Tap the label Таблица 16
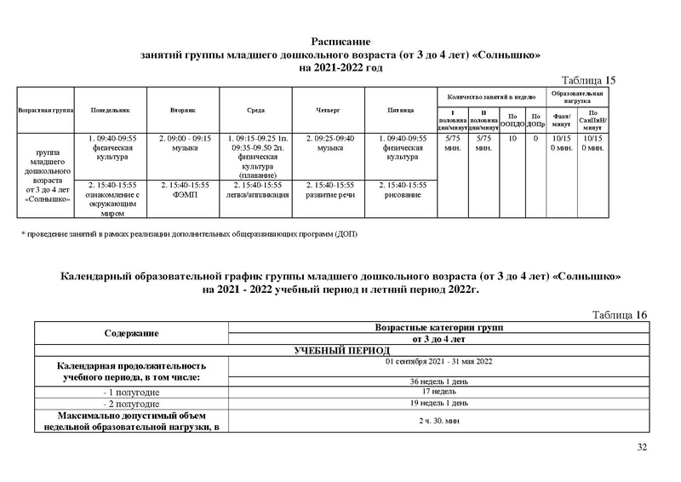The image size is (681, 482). tap(620, 315)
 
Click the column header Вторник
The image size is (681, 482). tap(184, 111)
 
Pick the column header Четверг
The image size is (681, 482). tap(329, 111)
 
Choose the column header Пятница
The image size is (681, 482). tap(400, 111)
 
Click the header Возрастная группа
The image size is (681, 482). tap(43, 111)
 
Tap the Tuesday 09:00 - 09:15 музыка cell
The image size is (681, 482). tap(184, 142)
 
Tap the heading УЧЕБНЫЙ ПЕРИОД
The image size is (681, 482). tap(340, 350)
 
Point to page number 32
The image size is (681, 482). tap(641, 448)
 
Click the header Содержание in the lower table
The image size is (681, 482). tap(132, 333)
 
